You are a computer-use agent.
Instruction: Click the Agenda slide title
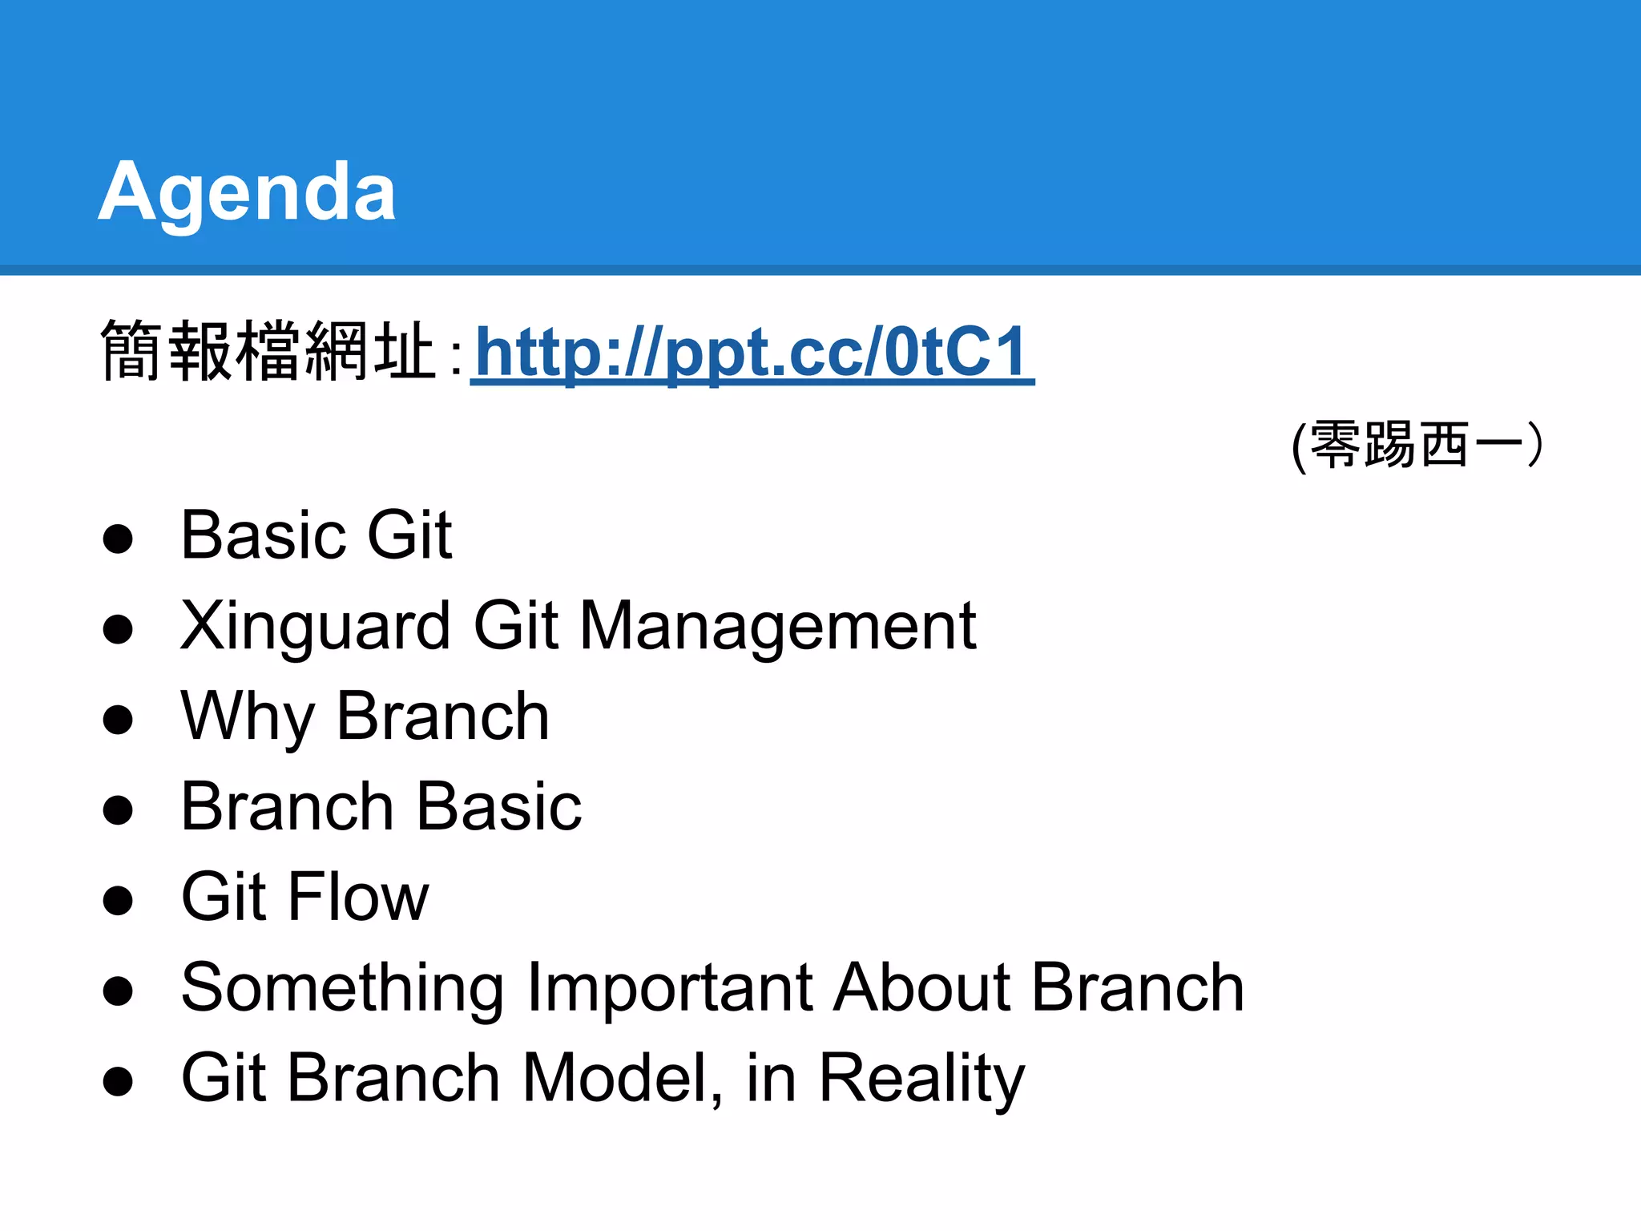[247, 192]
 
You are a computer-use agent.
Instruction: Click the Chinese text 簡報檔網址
[268, 351]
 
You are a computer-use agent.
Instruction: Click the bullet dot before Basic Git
[118, 539]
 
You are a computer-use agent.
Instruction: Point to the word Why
[248, 716]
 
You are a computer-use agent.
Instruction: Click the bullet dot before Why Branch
[118, 719]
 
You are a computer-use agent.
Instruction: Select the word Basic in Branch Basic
[498, 806]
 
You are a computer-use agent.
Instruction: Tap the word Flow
[358, 897]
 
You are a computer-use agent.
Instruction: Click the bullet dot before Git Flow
[118, 900]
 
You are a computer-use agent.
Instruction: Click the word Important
[670, 987]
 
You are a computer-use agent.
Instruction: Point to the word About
[921, 987]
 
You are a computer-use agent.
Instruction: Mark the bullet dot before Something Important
[118, 991]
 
